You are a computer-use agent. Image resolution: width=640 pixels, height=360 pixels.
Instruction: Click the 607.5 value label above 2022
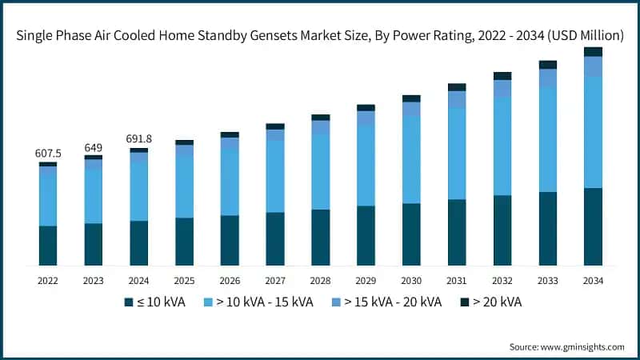pos(48,153)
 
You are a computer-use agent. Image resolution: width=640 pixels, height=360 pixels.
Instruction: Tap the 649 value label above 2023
pos(94,147)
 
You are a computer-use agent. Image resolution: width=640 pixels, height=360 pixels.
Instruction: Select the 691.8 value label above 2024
pos(138,139)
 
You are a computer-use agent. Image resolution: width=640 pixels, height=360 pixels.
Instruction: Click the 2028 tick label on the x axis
pos(320,281)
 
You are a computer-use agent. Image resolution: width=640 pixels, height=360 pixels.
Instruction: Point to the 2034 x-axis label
pos(593,281)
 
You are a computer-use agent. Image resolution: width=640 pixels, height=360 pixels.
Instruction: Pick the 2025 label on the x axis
pos(184,281)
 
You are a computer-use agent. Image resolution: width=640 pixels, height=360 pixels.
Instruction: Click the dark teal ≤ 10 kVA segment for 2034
pos(593,226)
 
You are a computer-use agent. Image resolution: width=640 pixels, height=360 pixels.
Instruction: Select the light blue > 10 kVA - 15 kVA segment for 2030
pos(411,159)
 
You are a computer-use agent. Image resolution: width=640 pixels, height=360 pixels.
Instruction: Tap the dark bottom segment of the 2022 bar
pos(48,246)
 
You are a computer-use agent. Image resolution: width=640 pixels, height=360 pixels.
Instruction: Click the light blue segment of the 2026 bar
pos(230,182)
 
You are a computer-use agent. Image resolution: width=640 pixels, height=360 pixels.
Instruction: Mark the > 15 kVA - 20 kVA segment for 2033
pos(547,78)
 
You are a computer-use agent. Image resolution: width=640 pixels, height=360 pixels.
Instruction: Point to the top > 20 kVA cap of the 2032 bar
pos(502,76)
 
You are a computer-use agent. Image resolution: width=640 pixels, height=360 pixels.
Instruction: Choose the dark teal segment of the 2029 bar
pos(366,235)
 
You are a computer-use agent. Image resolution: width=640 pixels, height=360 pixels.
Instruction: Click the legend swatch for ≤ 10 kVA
pos(128,302)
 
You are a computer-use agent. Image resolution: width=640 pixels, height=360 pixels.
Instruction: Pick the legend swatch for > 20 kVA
pos(465,302)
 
